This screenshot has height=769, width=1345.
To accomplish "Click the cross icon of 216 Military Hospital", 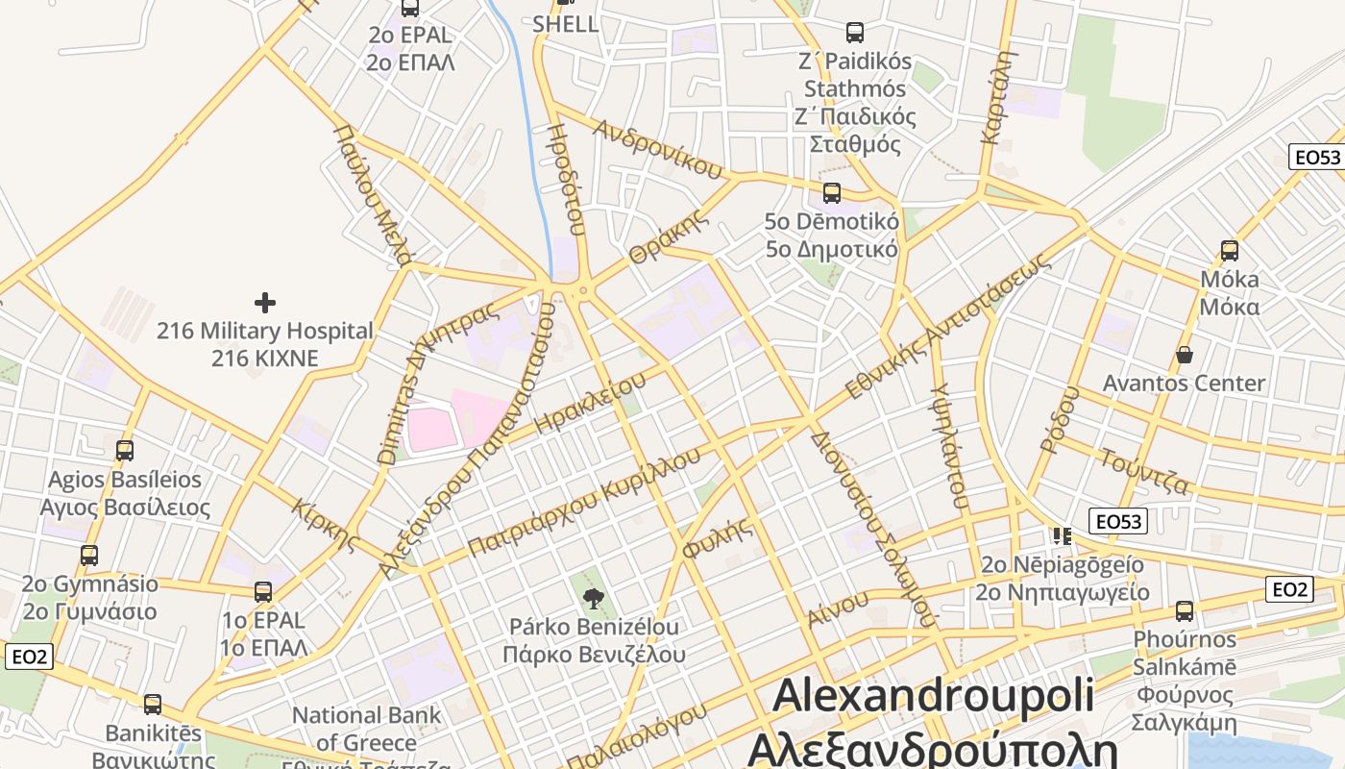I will click(x=265, y=304).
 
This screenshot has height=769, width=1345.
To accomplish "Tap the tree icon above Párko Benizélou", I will click(x=594, y=599).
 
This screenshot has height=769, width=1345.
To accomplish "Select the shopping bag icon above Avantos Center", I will click(x=1185, y=355).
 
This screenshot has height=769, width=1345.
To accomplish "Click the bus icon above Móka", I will click(x=1229, y=251).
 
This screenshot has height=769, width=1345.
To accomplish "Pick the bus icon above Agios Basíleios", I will click(x=125, y=450).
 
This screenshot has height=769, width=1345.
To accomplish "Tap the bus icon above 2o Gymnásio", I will click(x=89, y=555).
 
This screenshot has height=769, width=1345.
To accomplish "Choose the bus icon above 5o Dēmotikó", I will click(x=832, y=192).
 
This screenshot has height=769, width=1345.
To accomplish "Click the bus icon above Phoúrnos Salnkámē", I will click(x=1185, y=610).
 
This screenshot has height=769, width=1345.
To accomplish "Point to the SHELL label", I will click(x=566, y=24).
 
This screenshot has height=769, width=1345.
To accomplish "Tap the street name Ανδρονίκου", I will click(x=658, y=150).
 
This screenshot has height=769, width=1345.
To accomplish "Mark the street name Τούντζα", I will click(x=1144, y=471).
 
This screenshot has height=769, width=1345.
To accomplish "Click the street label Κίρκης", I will click(x=325, y=526).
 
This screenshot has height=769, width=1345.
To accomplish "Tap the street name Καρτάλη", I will click(x=997, y=97).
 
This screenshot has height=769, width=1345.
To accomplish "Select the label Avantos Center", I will click(x=1184, y=384).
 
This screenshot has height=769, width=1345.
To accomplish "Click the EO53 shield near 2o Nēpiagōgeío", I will click(x=1119, y=521).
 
